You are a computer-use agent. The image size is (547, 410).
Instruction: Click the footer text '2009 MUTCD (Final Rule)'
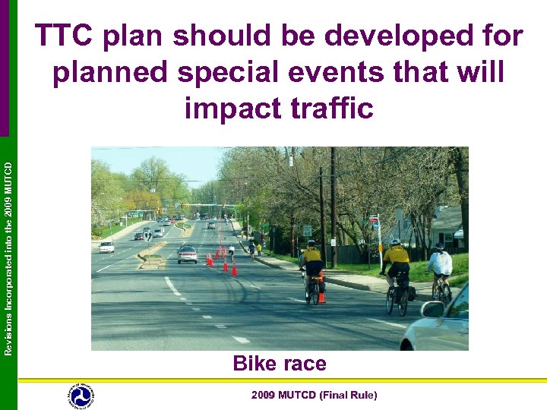tap(315, 395)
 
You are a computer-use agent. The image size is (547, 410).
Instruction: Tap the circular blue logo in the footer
tap(81, 396)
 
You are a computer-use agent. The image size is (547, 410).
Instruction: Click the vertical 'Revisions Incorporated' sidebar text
tap(8, 251)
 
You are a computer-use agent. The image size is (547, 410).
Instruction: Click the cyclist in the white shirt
tap(440, 266)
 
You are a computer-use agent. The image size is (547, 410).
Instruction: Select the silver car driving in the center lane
tap(187, 254)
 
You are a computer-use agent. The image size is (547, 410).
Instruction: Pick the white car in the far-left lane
tap(106, 247)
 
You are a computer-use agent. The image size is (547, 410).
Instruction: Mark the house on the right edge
tap(457, 228)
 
